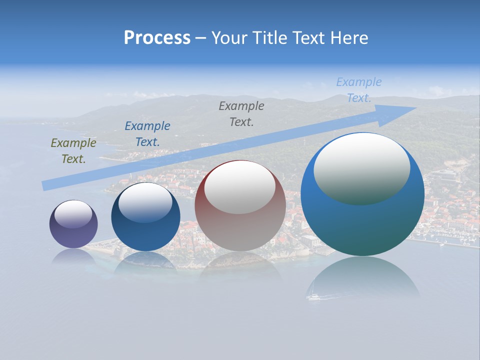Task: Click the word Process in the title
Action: click(157, 38)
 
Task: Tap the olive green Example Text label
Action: click(73, 151)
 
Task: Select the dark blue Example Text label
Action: click(147, 134)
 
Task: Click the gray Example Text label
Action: click(241, 113)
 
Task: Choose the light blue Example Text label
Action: click(359, 90)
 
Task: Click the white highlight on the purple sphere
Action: click(73, 214)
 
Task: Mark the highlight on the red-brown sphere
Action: click(240, 187)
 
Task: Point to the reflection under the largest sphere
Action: click(362, 277)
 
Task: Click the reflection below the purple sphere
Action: click(73, 256)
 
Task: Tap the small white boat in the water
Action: click(313, 297)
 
